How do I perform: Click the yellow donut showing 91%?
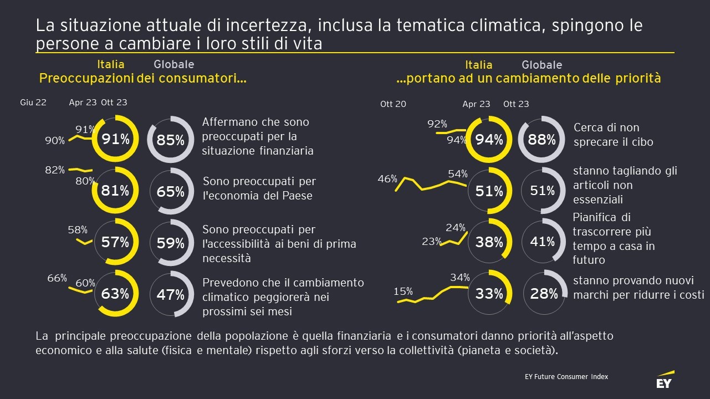pos(115,139)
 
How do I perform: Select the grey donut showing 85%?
pos(170,140)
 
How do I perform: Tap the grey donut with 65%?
pos(170,191)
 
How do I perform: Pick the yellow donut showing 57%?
pos(115,242)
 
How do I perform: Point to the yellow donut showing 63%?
pos(115,294)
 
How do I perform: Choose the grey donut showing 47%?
pos(170,294)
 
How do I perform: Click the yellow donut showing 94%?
pos(489,140)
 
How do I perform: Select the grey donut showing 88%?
pos(542,140)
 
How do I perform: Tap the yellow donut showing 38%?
pos(489,242)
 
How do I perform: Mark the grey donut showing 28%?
pos(544,294)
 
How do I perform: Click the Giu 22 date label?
pos(33,103)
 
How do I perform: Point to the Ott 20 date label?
pos(393,104)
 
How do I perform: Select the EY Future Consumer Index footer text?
pos(566,377)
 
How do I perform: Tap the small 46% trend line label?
pos(387,179)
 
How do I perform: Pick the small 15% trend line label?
pos(403,291)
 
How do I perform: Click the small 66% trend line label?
pos(57,278)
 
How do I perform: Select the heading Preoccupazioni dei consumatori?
pos(142,79)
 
